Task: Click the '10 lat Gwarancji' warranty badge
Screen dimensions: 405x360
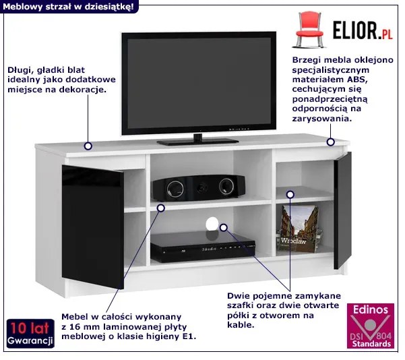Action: pyautogui.click(x=30, y=334)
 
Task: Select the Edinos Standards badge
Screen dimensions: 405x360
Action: pyautogui.click(x=371, y=326)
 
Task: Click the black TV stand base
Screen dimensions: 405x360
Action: pyautogui.click(x=197, y=142)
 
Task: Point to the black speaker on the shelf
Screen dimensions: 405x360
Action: pyautogui.click(x=199, y=187)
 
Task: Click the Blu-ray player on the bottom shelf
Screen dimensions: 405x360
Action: pyautogui.click(x=203, y=247)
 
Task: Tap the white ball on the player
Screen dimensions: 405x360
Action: pyautogui.click(x=212, y=224)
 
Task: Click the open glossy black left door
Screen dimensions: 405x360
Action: pyautogui.click(x=93, y=227)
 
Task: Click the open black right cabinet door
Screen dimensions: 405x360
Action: pyautogui.click(x=342, y=210)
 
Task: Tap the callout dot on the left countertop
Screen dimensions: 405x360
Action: pyautogui.click(x=88, y=146)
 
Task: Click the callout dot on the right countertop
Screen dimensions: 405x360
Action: pyautogui.click(x=331, y=142)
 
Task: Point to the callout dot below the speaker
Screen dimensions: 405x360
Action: pyautogui.click(x=161, y=208)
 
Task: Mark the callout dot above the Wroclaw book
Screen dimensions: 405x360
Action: pyautogui.click(x=290, y=195)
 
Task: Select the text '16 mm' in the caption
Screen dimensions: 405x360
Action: pyautogui.click(x=86, y=327)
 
